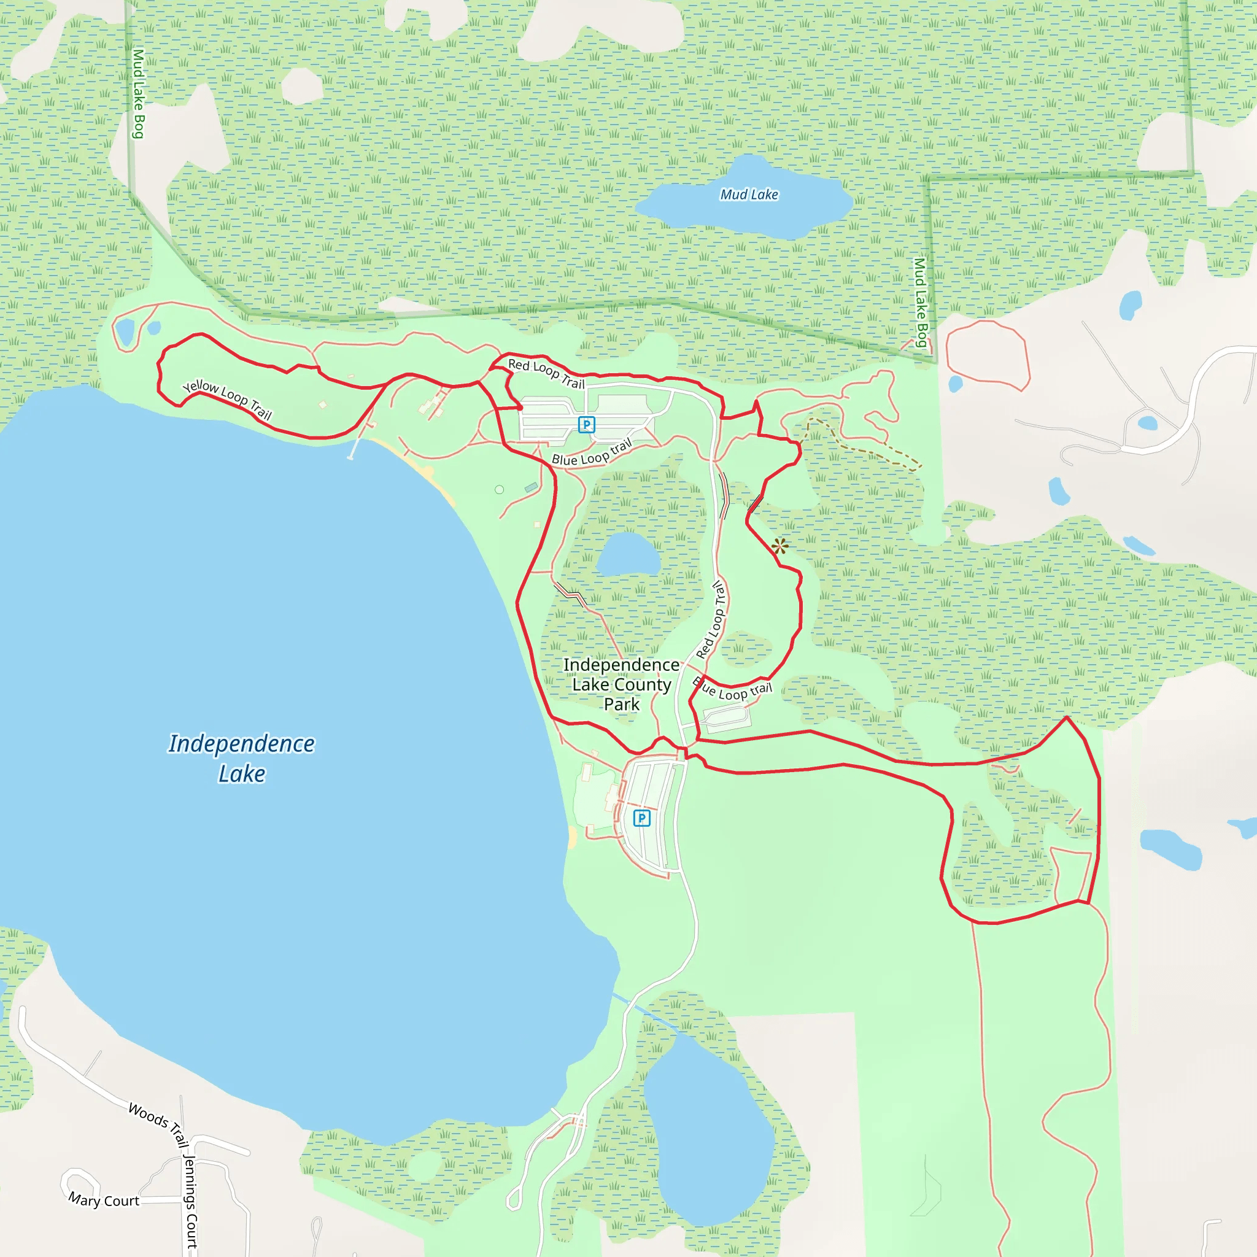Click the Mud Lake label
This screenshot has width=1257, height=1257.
pyautogui.click(x=749, y=195)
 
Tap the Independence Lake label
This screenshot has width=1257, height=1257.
pyautogui.click(x=241, y=758)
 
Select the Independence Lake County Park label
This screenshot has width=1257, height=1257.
pyautogui.click(x=621, y=684)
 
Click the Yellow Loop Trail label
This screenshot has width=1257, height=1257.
pyautogui.click(x=227, y=400)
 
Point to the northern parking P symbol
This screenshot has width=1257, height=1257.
pyautogui.click(x=586, y=425)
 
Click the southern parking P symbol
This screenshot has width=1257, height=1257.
pyautogui.click(x=641, y=818)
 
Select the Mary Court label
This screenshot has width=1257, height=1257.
pyautogui.click(x=104, y=1200)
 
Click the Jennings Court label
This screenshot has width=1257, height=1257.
pyautogui.click(x=190, y=1201)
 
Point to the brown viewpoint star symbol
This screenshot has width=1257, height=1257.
pyautogui.click(x=779, y=546)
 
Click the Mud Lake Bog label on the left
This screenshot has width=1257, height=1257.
pyautogui.click(x=139, y=94)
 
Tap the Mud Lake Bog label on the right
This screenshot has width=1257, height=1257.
pyautogui.click(x=920, y=302)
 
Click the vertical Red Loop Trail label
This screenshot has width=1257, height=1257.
pyautogui.click(x=711, y=619)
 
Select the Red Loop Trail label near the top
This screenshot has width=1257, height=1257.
pyautogui.click(x=546, y=373)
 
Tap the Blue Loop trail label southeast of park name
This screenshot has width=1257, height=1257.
pyautogui.click(x=732, y=690)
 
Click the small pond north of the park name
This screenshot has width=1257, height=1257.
pyautogui.click(x=627, y=554)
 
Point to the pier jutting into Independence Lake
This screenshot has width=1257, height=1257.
pyautogui.click(x=354, y=448)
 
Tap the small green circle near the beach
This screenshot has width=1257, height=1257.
pyautogui.click(x=499, y=489)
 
